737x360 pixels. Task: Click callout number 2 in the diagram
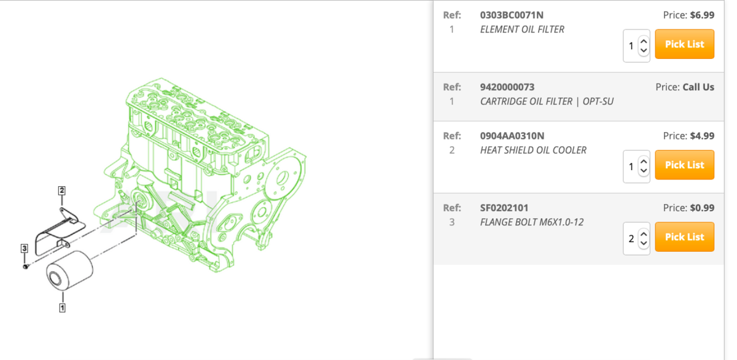[61, 190]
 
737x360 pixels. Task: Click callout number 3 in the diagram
[24, 248]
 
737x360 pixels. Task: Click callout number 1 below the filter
[62, 308]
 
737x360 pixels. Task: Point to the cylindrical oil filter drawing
[70, 270]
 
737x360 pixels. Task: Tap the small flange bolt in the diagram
[26, 266]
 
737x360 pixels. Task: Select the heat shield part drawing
[60, 232]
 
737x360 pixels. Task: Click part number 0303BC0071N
[512, 15]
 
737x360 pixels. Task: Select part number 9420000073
[507, 87]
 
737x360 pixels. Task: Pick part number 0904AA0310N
[512, 136]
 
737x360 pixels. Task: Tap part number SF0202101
[504, 208]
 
